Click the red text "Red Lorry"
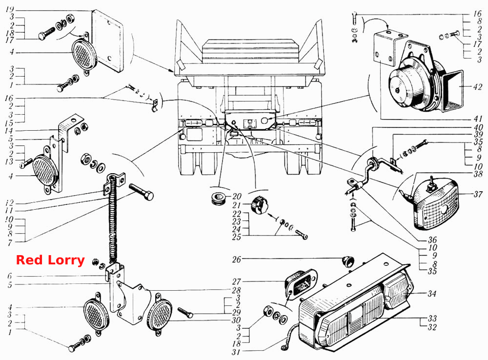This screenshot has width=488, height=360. click(50, 260)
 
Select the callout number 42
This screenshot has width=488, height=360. click(477, 87)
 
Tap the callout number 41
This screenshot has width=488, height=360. click(478, 119)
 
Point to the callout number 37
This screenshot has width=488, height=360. click(478, 195)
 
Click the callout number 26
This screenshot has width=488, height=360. click(237, 259)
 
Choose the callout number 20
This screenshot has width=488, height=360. click(237, 196)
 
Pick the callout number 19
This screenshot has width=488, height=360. click(10, 10)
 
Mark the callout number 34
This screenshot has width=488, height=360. click(432, 294)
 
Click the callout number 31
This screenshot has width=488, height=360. click(236, 352)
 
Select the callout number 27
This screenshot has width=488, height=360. click(237, 281)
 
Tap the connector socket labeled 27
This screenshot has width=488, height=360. click(301, 283)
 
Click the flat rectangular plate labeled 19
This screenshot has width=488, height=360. click(107, 40)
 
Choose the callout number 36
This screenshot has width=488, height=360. click(432, 240)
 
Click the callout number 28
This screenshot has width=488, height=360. click(237, 290)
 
